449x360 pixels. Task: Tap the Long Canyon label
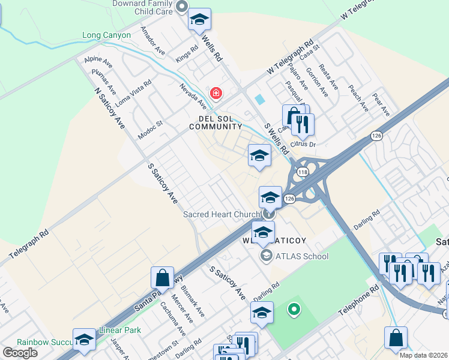[106, 35]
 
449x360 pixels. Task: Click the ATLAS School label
[301, 256]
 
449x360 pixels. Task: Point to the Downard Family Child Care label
[143, 7]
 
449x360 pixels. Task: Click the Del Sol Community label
[215, 122]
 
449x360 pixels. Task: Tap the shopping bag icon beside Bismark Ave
[163, 278]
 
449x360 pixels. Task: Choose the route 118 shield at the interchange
[303, 172]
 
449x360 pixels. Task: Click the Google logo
[19, 353]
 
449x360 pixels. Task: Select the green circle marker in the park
[294, 310]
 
